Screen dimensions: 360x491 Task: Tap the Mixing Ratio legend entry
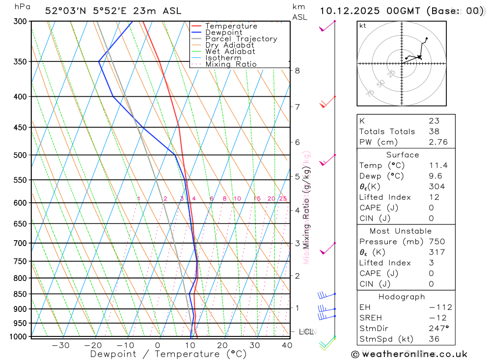(x=231, y=64)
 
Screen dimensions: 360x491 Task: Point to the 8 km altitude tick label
(x=298, y=71)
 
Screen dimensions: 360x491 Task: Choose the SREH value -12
(x=437, y=318)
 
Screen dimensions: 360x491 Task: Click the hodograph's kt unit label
(x=363, y=26)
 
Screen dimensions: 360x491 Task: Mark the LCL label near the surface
(x=307, y=332)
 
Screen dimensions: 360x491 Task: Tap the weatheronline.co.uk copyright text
(x=409, y=354)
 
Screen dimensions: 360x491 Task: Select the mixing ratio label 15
(x=257, y=198)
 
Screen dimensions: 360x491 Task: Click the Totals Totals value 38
(x=434, y=131)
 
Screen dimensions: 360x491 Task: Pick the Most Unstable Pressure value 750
(x=436, y=242)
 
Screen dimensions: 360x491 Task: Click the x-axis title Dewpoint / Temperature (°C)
(x=168, y=354)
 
